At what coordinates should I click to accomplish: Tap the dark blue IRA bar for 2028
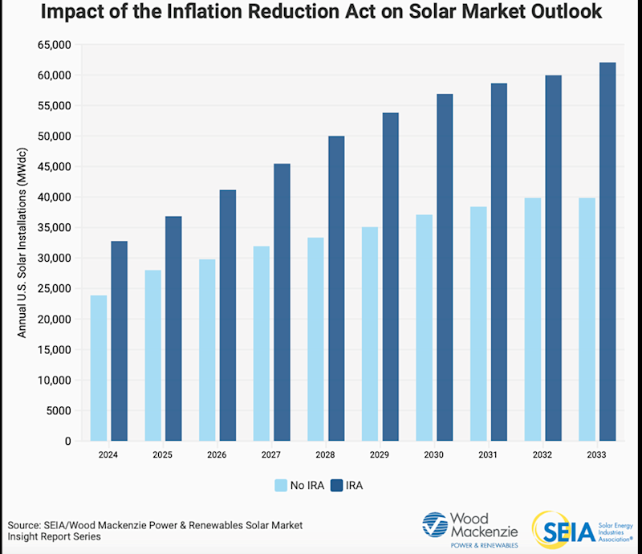point(336,288)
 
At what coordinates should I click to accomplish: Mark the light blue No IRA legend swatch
point(281,485)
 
